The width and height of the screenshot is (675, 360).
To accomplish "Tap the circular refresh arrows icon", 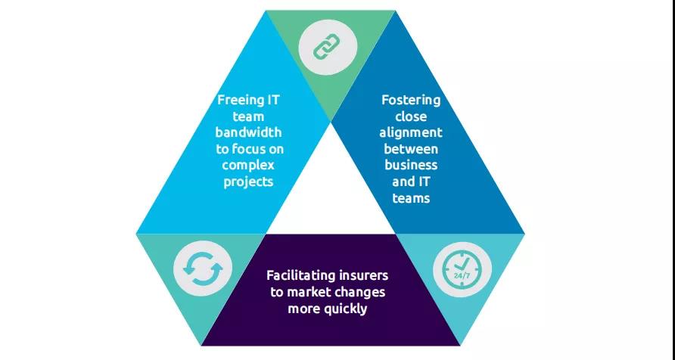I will pyautogui.click(x=201, y=270).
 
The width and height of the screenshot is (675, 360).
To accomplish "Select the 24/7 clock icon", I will pyautogui.click(x=462, y=270).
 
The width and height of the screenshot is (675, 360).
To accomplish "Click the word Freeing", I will pyautogui.click(x=238, y=101).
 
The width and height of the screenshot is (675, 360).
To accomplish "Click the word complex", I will pyautogui.click(x=248, y=166).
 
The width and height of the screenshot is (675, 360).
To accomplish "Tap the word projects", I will pyautogui.click(x=248, y=182).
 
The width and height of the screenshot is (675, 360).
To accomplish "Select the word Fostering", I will pyautogui.click(x=410, y=101).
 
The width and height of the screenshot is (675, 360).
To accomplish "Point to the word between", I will pyautogui.click(x=410, y=149).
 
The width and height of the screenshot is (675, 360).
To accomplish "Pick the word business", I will pyautogui.click(x=410, y=166).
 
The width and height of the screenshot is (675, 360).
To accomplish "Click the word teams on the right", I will pyautogui.click(x=411, y=198).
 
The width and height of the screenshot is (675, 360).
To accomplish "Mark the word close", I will pyautogui.click(x=411, y=117).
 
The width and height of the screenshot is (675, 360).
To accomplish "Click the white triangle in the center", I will pyautogui.click(x=330, y=189).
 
